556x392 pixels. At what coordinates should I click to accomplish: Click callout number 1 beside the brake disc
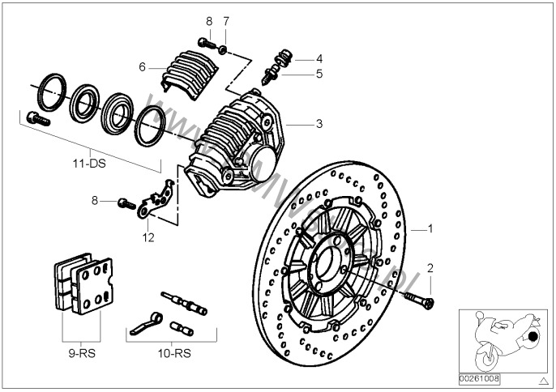[431, 228]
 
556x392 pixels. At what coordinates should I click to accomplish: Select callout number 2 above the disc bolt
[431, 267]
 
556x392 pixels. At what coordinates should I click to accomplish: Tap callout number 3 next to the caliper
[319, 124]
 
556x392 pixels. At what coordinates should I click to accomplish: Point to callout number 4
[319, 58]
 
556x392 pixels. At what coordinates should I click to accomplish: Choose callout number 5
[319, 74]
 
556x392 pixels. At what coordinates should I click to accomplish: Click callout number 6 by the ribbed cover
[143, 67]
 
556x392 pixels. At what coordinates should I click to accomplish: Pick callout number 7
[226, 20]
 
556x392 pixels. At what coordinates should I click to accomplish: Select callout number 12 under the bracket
[148, 238]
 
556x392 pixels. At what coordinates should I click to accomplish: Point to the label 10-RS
[172, 353]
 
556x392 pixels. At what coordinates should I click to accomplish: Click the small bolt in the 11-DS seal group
[36, 117]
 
